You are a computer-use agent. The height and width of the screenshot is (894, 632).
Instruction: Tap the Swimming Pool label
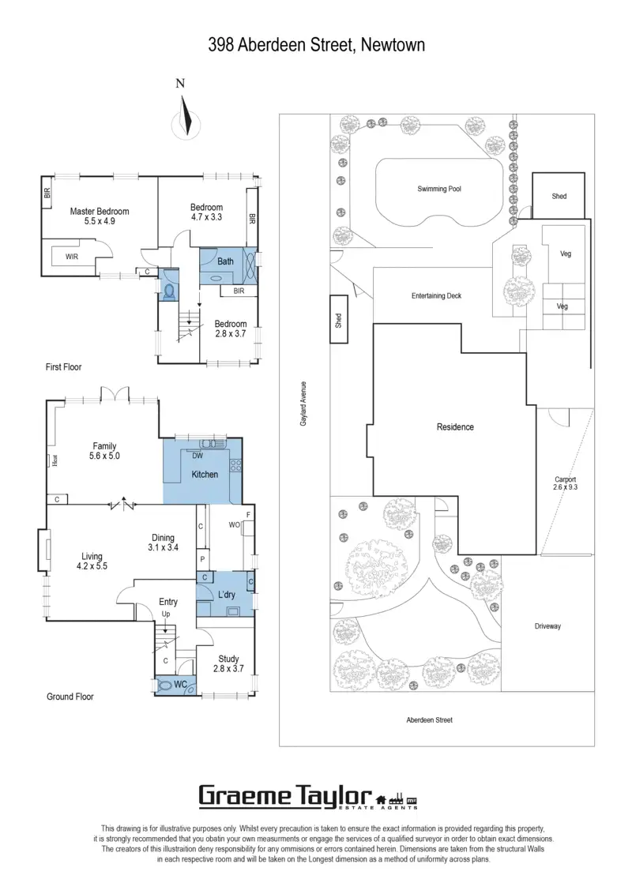[x=439, y=190]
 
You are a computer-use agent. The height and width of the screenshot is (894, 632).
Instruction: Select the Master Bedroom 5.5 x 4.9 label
[x=100, y=216]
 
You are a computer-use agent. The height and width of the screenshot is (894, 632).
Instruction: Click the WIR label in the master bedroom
[x=72, y=257]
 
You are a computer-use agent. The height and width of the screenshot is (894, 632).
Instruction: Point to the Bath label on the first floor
[x=226, y=261]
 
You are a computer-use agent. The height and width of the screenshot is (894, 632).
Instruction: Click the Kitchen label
[x=205, y=475]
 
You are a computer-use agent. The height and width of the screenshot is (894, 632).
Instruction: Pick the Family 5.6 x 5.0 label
[x=104, y=451]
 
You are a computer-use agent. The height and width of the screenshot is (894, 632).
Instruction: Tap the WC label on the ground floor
[x=180, y=685]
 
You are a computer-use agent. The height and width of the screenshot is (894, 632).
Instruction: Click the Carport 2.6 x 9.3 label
[x=565, y=484]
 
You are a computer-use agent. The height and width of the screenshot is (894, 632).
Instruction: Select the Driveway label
[x=547, y=626]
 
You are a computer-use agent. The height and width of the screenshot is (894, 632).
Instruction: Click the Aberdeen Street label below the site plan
[x=429, y=720]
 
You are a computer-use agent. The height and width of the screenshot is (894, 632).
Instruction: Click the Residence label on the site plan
[x=455, y=427]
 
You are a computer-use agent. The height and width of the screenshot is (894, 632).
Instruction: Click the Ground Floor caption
[x=70, y=697]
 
